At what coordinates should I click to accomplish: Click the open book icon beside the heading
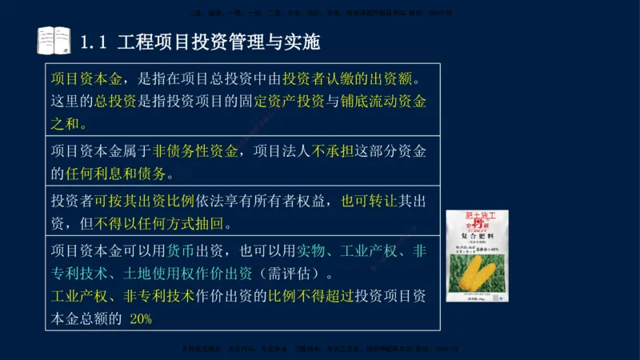(x=54, y=40)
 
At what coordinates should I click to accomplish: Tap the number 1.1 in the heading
(x=94, y=41)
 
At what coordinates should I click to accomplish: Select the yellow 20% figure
(x=141, y=317)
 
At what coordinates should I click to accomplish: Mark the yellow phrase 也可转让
(x=369, y=201)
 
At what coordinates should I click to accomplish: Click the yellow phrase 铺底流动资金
(x=386, y=102)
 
